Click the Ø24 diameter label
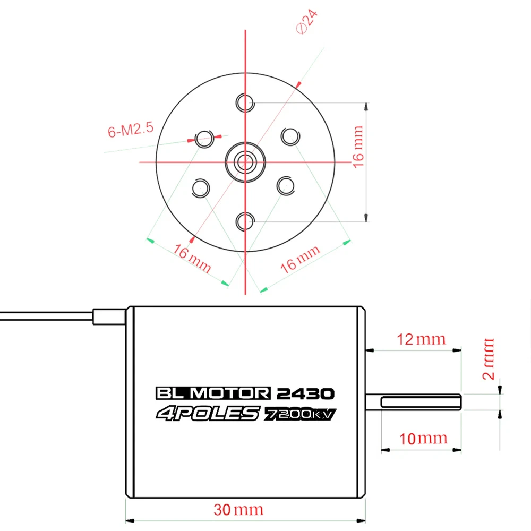pos(307,22)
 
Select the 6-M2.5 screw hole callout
pos(131,130)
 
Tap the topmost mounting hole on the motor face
pos(245,102)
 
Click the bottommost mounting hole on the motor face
pos(245,222)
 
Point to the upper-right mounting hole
pos(290,136)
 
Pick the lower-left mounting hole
pos(201,189)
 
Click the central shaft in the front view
pos(245,162)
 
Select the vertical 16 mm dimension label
pos(357,147)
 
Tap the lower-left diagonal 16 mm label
pos(192,258)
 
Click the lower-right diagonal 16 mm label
pos(300,259)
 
